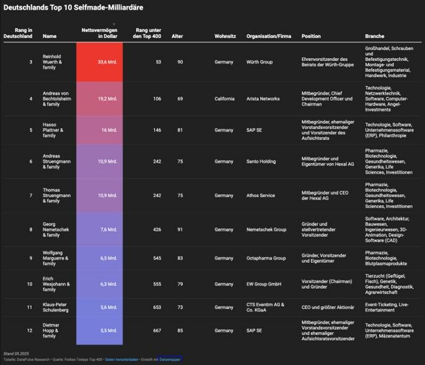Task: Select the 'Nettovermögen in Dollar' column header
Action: (x=99, y=33)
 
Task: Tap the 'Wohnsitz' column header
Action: (x=225, y=36)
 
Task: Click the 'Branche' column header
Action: (x=375, y=36)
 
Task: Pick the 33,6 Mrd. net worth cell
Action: (x=99, y=62)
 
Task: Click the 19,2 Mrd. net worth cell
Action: (x=99, y=99)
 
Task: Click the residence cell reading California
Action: (x=225, y=99)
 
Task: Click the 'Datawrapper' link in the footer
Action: (x=170, y=359)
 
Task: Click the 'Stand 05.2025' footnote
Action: (x=17, y=353)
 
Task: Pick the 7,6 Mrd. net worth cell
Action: (x=99, y=229)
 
